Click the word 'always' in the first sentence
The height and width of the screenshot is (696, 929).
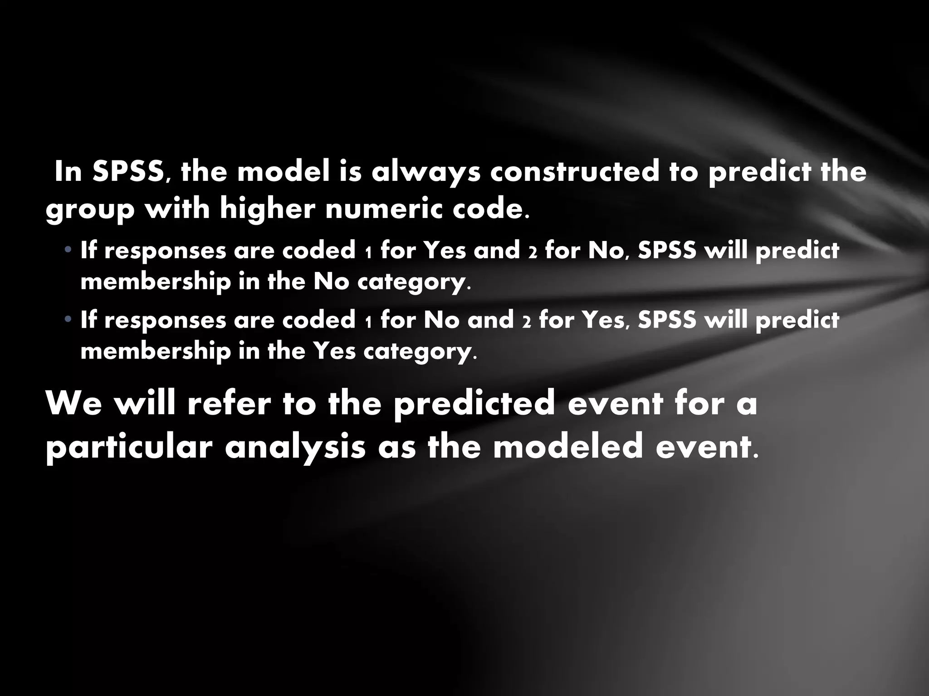[426, 173]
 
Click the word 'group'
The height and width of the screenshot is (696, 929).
[90, 210]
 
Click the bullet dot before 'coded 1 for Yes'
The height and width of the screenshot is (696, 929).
[68, 250]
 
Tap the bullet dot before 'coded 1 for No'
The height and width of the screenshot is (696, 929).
[68, 319]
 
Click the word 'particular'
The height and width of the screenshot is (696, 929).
[129, 447]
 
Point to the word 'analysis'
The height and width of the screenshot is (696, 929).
[295, 447]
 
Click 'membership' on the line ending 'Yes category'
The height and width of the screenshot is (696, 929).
[155, 351]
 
